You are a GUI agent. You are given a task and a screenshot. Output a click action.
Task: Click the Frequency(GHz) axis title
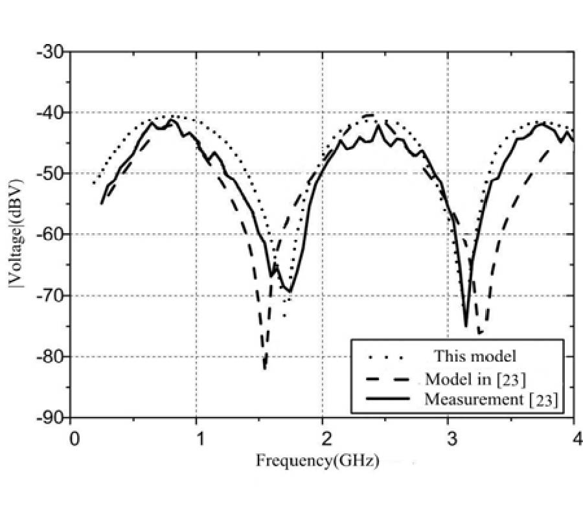click(317, 461)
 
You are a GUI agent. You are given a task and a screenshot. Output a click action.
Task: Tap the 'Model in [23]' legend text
click(475, 378)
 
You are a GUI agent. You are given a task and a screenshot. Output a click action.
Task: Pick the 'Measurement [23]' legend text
click(490, 399)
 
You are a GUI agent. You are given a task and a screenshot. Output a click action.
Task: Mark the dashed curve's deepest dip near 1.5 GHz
click(264, 368)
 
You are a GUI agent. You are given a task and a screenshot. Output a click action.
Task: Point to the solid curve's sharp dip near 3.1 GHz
click(466, 324)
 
